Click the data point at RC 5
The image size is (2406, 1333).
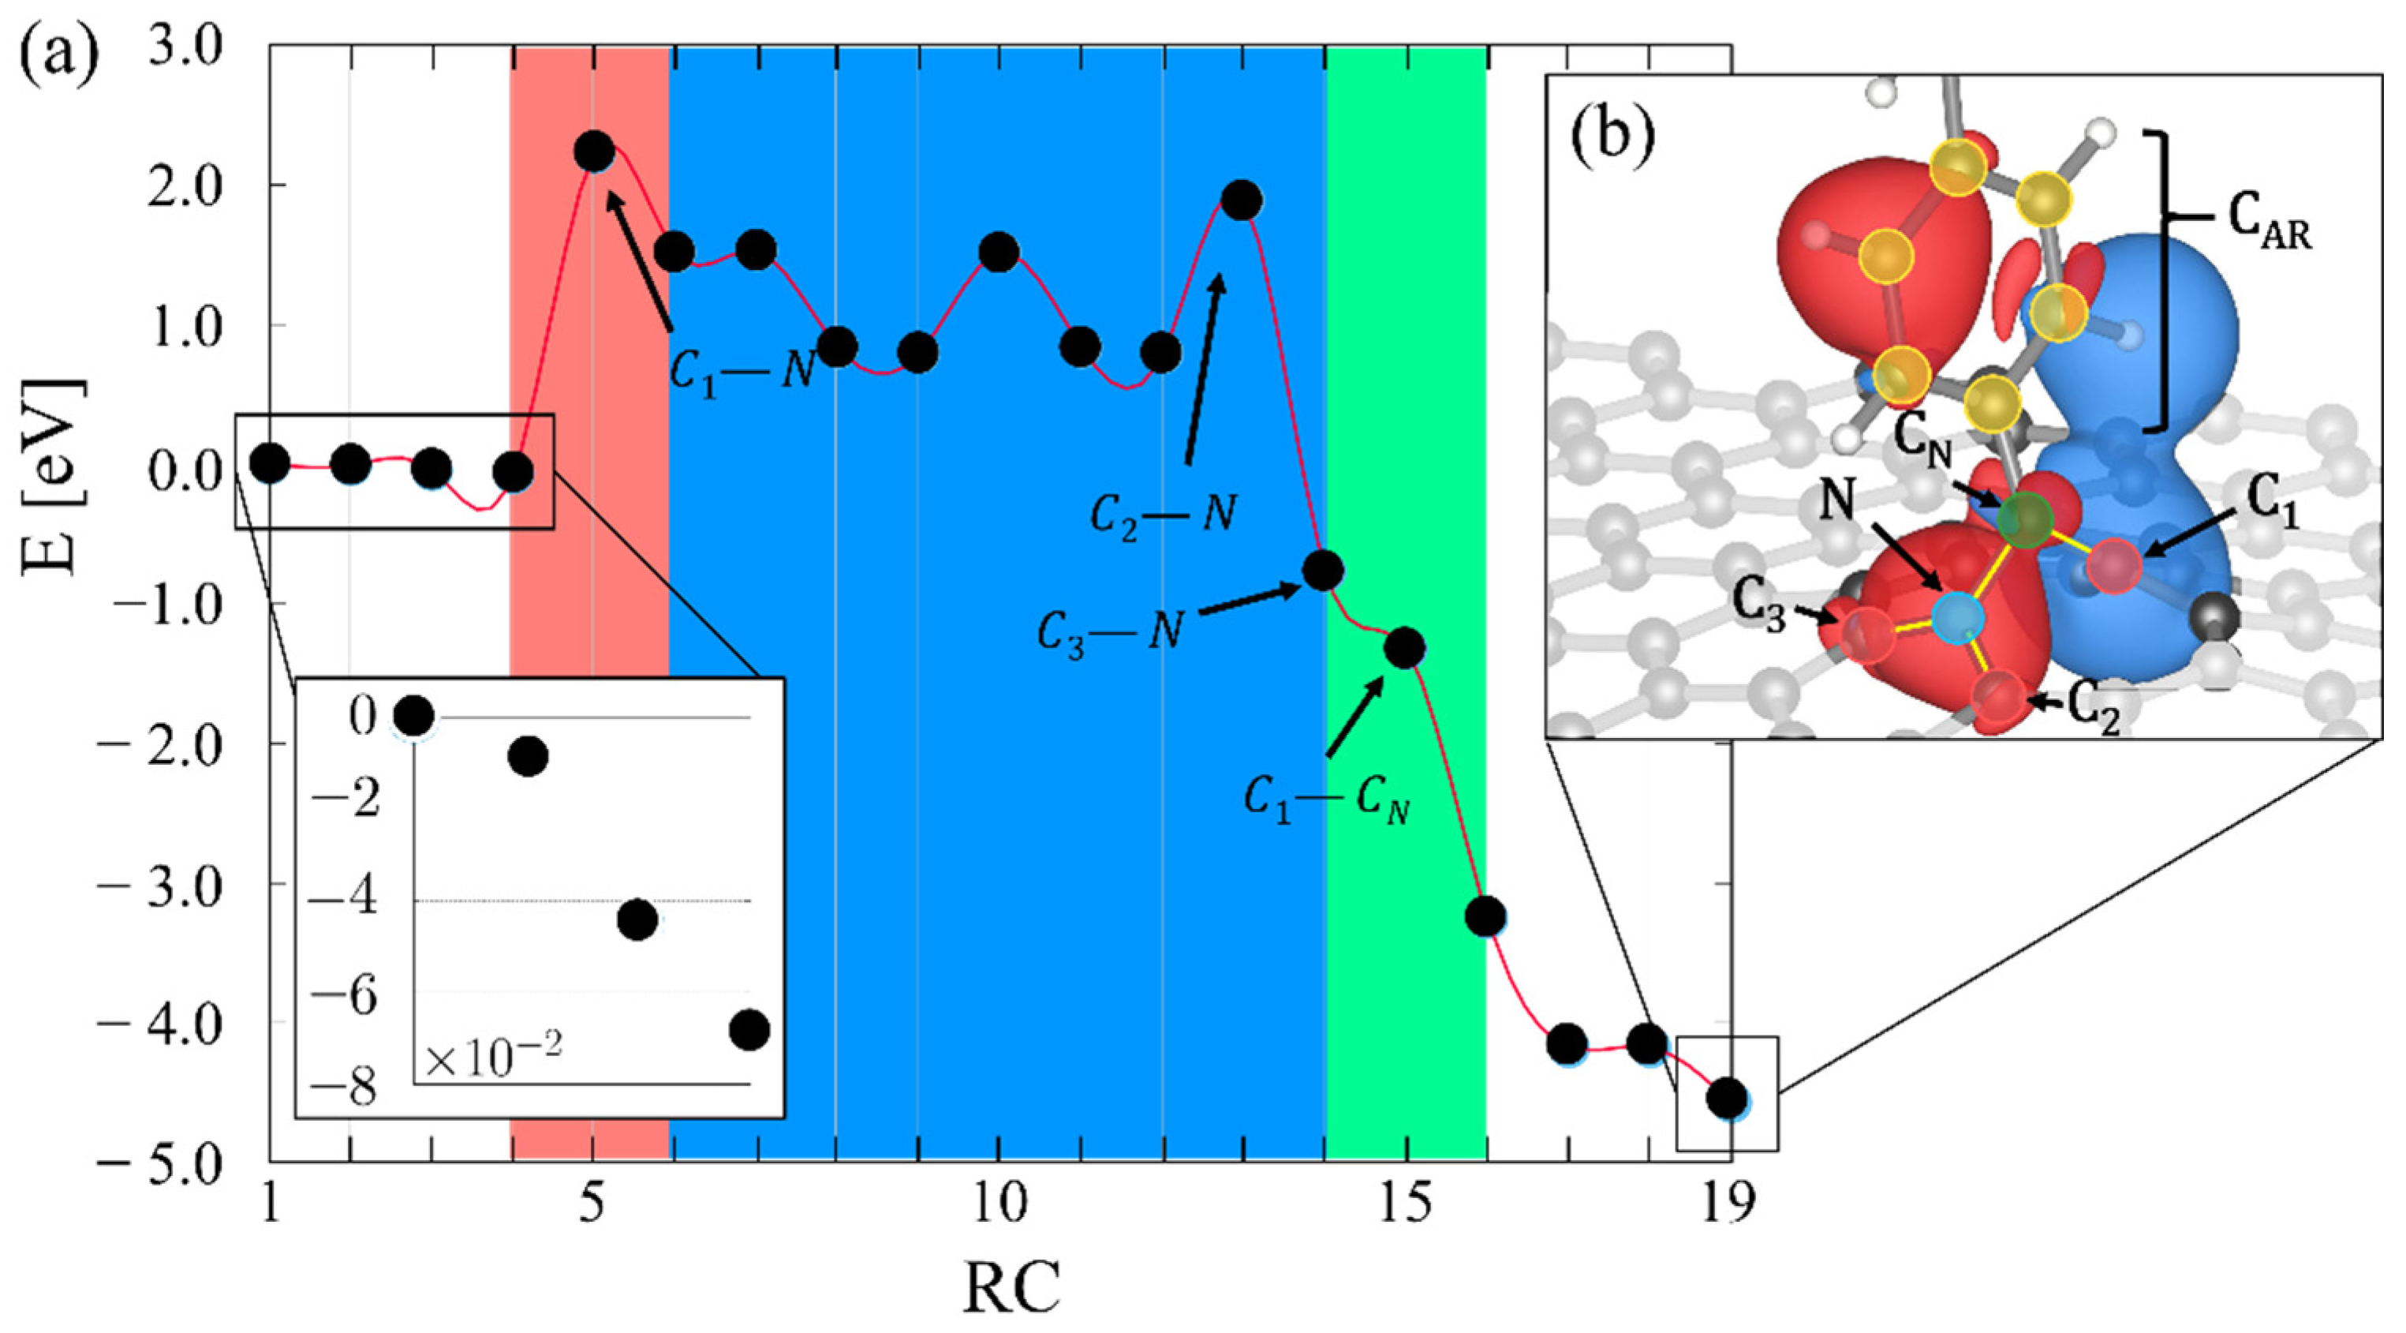[x=594, y=152]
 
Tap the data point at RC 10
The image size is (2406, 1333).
[x=999, y=253]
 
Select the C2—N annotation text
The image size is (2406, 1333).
[x=1164, y=515]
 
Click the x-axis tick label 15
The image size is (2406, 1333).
[x=1406, y=1205]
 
